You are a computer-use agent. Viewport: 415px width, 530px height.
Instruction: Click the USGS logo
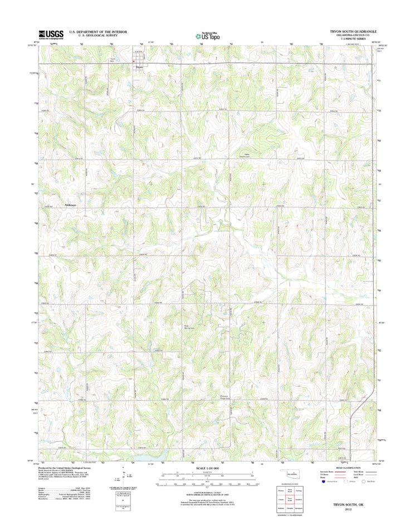51,34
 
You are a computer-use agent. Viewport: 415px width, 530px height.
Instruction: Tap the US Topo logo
207,35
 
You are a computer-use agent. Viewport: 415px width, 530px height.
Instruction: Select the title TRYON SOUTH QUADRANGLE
354,31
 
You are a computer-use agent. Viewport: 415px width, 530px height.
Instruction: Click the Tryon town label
139,68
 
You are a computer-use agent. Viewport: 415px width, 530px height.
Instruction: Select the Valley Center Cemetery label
246,156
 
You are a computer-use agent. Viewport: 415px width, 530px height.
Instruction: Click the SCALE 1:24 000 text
207,467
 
